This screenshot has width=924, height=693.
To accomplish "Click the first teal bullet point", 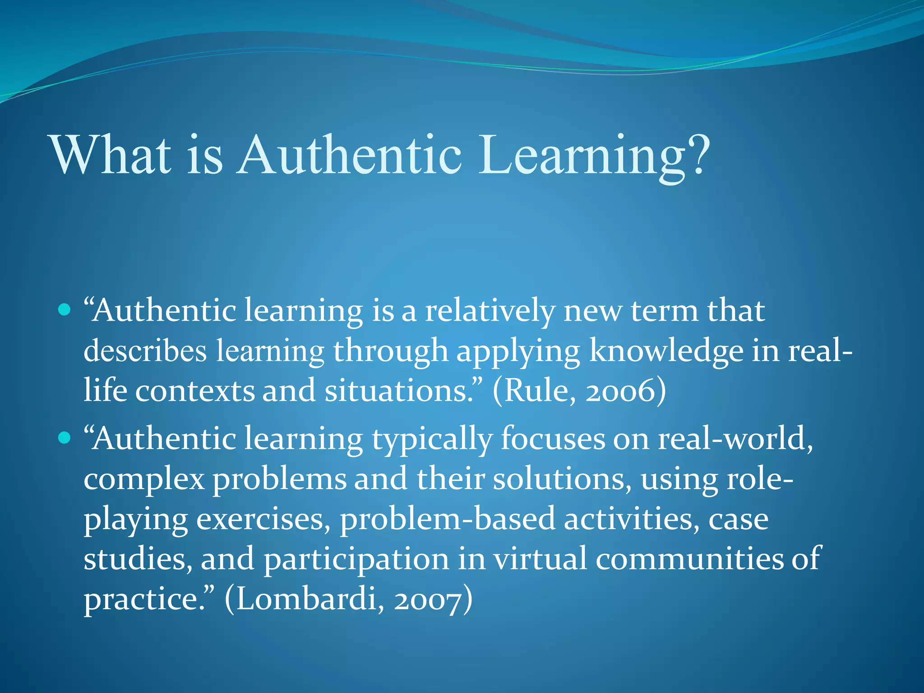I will pos(65,310).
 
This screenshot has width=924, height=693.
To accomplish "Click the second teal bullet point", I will pos(65,438).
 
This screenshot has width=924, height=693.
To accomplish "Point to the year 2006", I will pos(620,391).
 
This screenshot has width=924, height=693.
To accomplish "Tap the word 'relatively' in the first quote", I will pos(490,311).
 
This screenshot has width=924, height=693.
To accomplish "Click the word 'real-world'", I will pos(735,439).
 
